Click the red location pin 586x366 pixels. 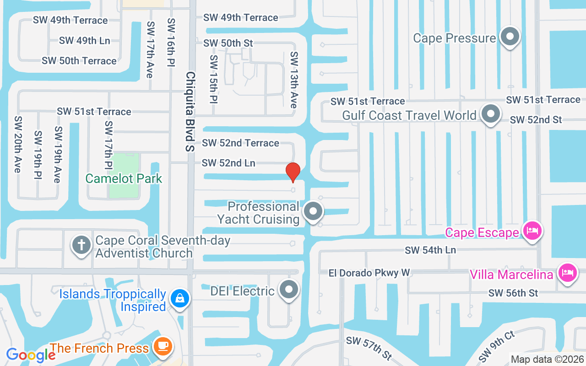click(293, 172)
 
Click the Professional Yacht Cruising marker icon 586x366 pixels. click(314, 211)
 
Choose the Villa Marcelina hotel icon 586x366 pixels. click(568, 273)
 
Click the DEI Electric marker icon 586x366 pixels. click(288, 289)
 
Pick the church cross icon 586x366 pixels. click(81, 245)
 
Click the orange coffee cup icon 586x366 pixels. click(163, 346)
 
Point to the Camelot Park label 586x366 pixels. click(124, 178)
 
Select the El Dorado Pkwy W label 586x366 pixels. click(369, 273)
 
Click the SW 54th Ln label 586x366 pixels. click(430, 250)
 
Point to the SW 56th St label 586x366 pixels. click(513, 293)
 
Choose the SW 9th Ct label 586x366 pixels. click(498, 347)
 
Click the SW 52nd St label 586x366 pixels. click(536, 120)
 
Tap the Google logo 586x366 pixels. click(31, 355)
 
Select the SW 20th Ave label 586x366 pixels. click(18, 144)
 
